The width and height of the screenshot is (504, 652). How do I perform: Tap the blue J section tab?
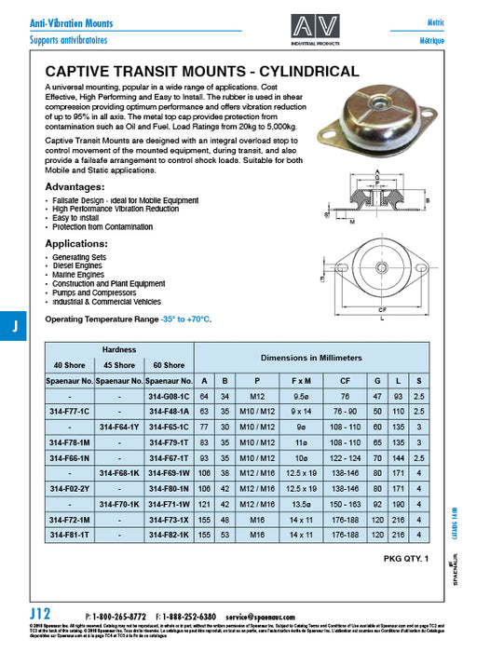14,327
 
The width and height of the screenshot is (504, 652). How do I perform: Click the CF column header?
346,380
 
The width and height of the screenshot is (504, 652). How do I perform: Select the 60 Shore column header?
169,364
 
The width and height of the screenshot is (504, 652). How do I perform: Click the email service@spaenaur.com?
266,617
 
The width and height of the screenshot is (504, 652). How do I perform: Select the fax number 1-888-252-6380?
190,617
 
